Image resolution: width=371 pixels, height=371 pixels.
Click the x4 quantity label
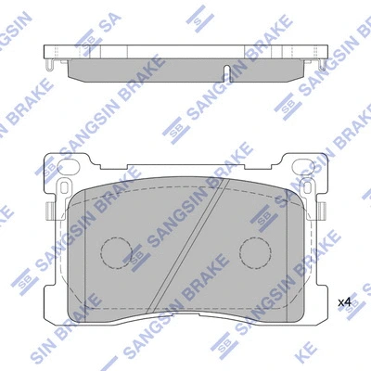click(344, 301)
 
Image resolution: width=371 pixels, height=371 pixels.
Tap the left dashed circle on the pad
click(117, 252)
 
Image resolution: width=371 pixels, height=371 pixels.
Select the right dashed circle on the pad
click(254, 252)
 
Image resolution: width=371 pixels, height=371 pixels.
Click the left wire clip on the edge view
click(49, 68)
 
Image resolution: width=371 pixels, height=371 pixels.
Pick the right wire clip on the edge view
click(321, 68)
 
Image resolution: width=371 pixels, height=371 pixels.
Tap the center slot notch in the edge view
click(226, 71)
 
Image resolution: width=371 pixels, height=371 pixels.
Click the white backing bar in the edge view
click(185, 52)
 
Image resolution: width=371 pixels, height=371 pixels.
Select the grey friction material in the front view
click(185, 278)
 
